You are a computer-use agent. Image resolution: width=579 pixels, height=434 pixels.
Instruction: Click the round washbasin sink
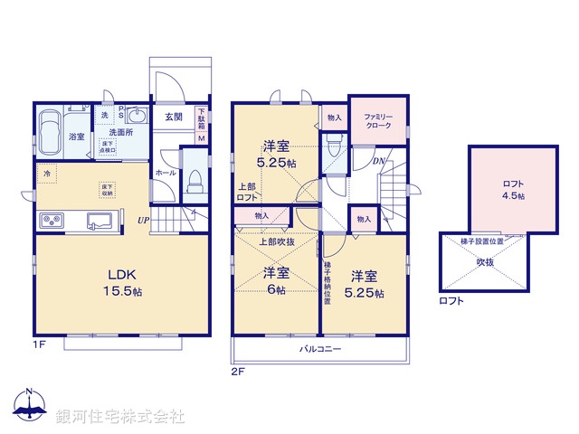click(138, 116)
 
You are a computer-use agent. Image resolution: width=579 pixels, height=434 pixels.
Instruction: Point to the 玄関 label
click(174, 117)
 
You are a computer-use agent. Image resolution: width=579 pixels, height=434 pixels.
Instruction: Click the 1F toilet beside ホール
click(193, 180)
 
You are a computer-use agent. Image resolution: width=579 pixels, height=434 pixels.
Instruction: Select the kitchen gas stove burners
click(51, 221)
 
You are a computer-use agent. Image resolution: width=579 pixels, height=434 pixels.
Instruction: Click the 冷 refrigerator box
click(45, 173)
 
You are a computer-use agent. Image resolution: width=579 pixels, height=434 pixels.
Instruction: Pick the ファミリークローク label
click(378, 122)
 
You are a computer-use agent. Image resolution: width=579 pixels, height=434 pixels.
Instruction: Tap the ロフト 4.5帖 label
click(513, 189)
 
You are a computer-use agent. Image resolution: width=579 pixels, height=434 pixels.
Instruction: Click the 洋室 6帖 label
click(275, 280)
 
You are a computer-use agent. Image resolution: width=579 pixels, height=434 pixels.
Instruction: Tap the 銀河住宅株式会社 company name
click(120, 417)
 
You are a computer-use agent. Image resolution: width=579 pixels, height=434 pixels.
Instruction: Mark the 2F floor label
click(238, 371)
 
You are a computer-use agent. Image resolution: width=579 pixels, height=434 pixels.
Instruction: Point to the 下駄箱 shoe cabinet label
click(201, 119)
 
